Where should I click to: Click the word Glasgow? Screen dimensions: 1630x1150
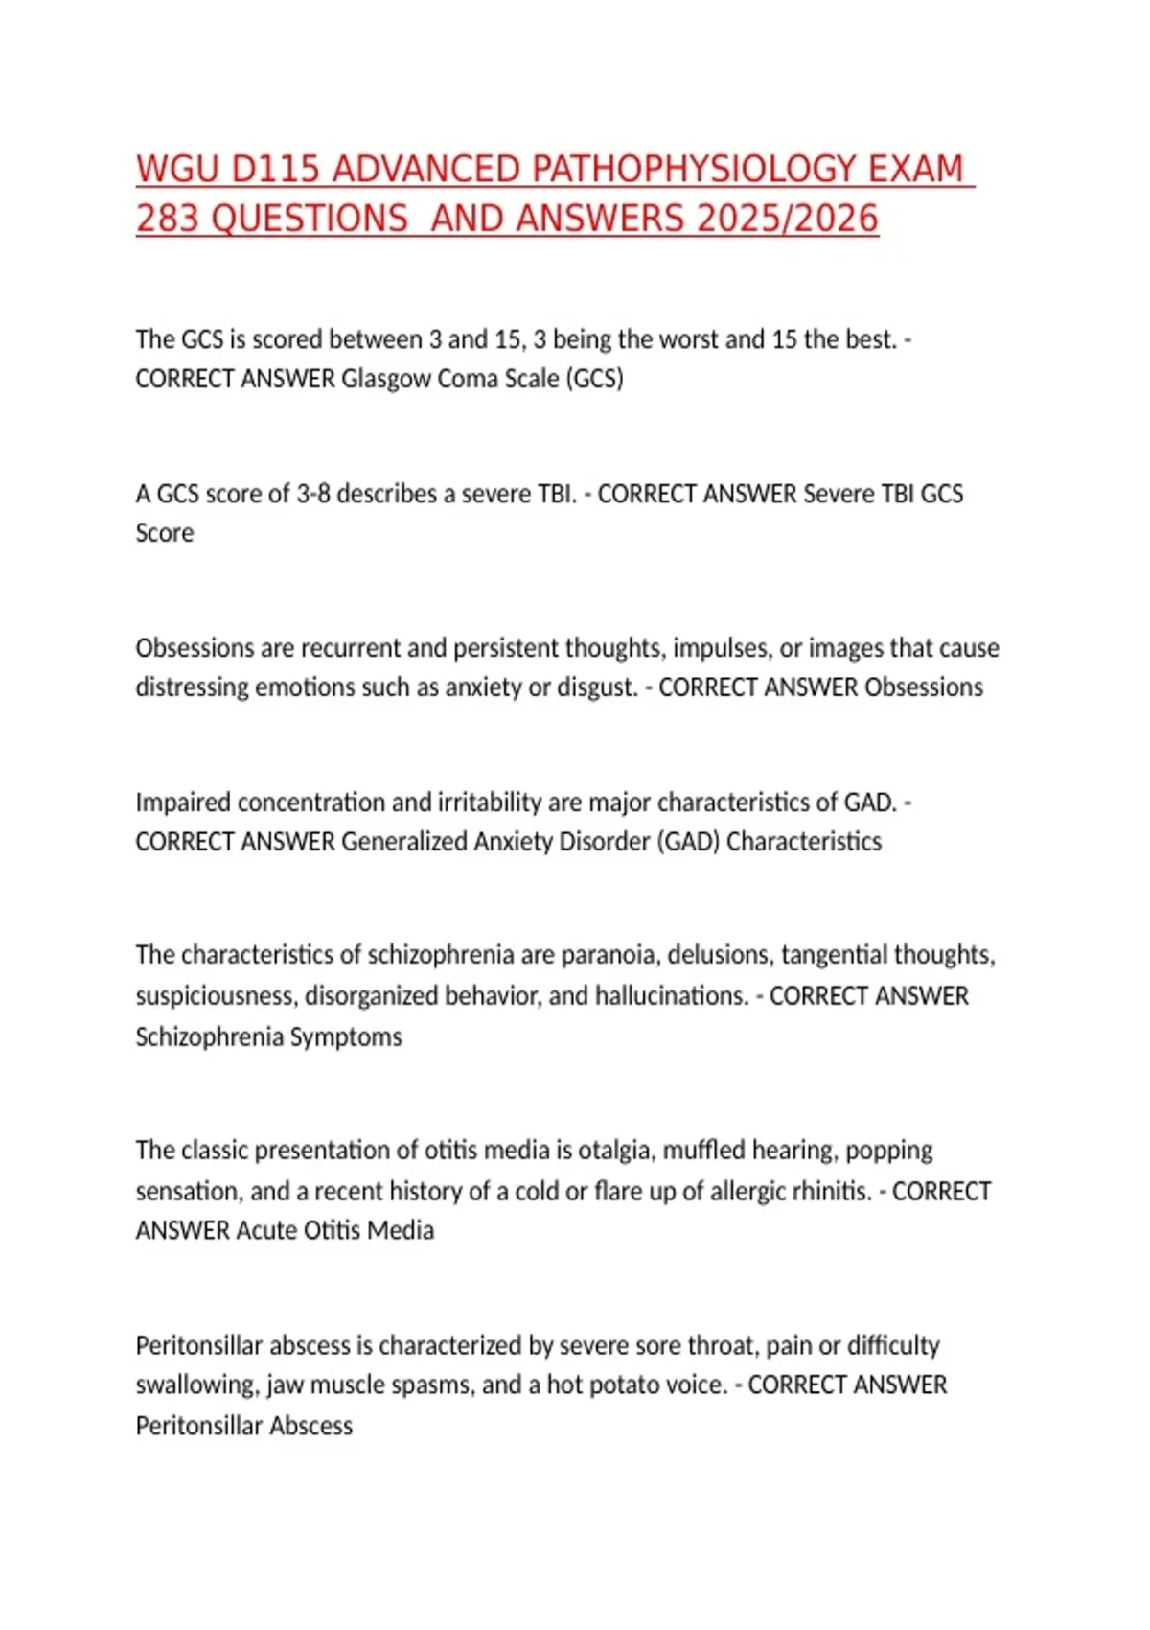click(x=386, y=379)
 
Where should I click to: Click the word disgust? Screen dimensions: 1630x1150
click(x=598, y=687)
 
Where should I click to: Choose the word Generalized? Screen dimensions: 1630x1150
click(x=399, y=842)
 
